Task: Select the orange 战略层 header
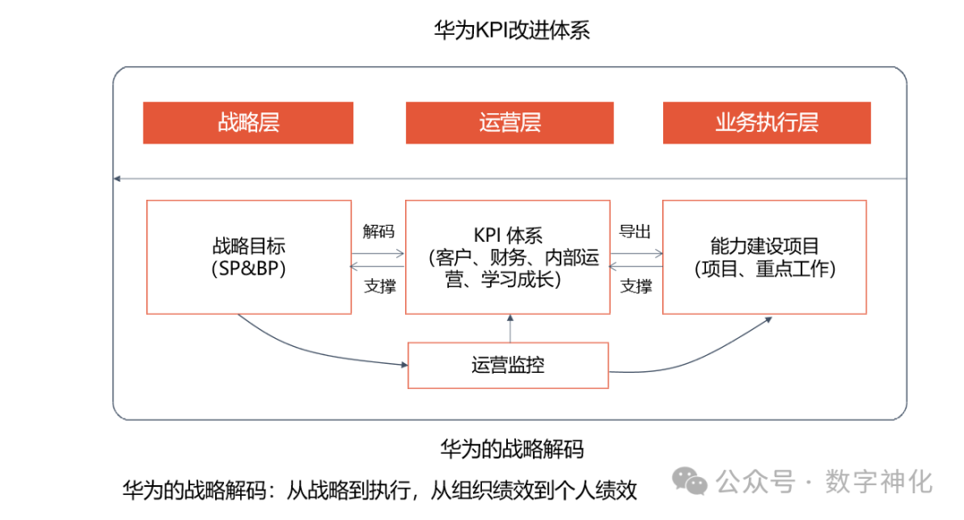pos(248,122)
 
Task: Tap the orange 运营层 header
pos(510,122)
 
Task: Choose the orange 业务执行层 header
pos(766,122)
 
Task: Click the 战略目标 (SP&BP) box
pos(248,257)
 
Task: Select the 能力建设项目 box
pos(765,257)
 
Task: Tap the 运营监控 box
pos(508,365)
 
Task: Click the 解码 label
pos(378,232)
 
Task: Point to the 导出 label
pos(636,232)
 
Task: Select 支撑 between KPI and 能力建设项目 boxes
pos(636,286)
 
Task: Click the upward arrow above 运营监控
pos(510,327)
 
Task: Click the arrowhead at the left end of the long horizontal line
pos(117,179)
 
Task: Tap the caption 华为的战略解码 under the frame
pos(512,448)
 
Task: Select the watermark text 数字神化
pos(879,482)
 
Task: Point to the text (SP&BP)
pos(249,268)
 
